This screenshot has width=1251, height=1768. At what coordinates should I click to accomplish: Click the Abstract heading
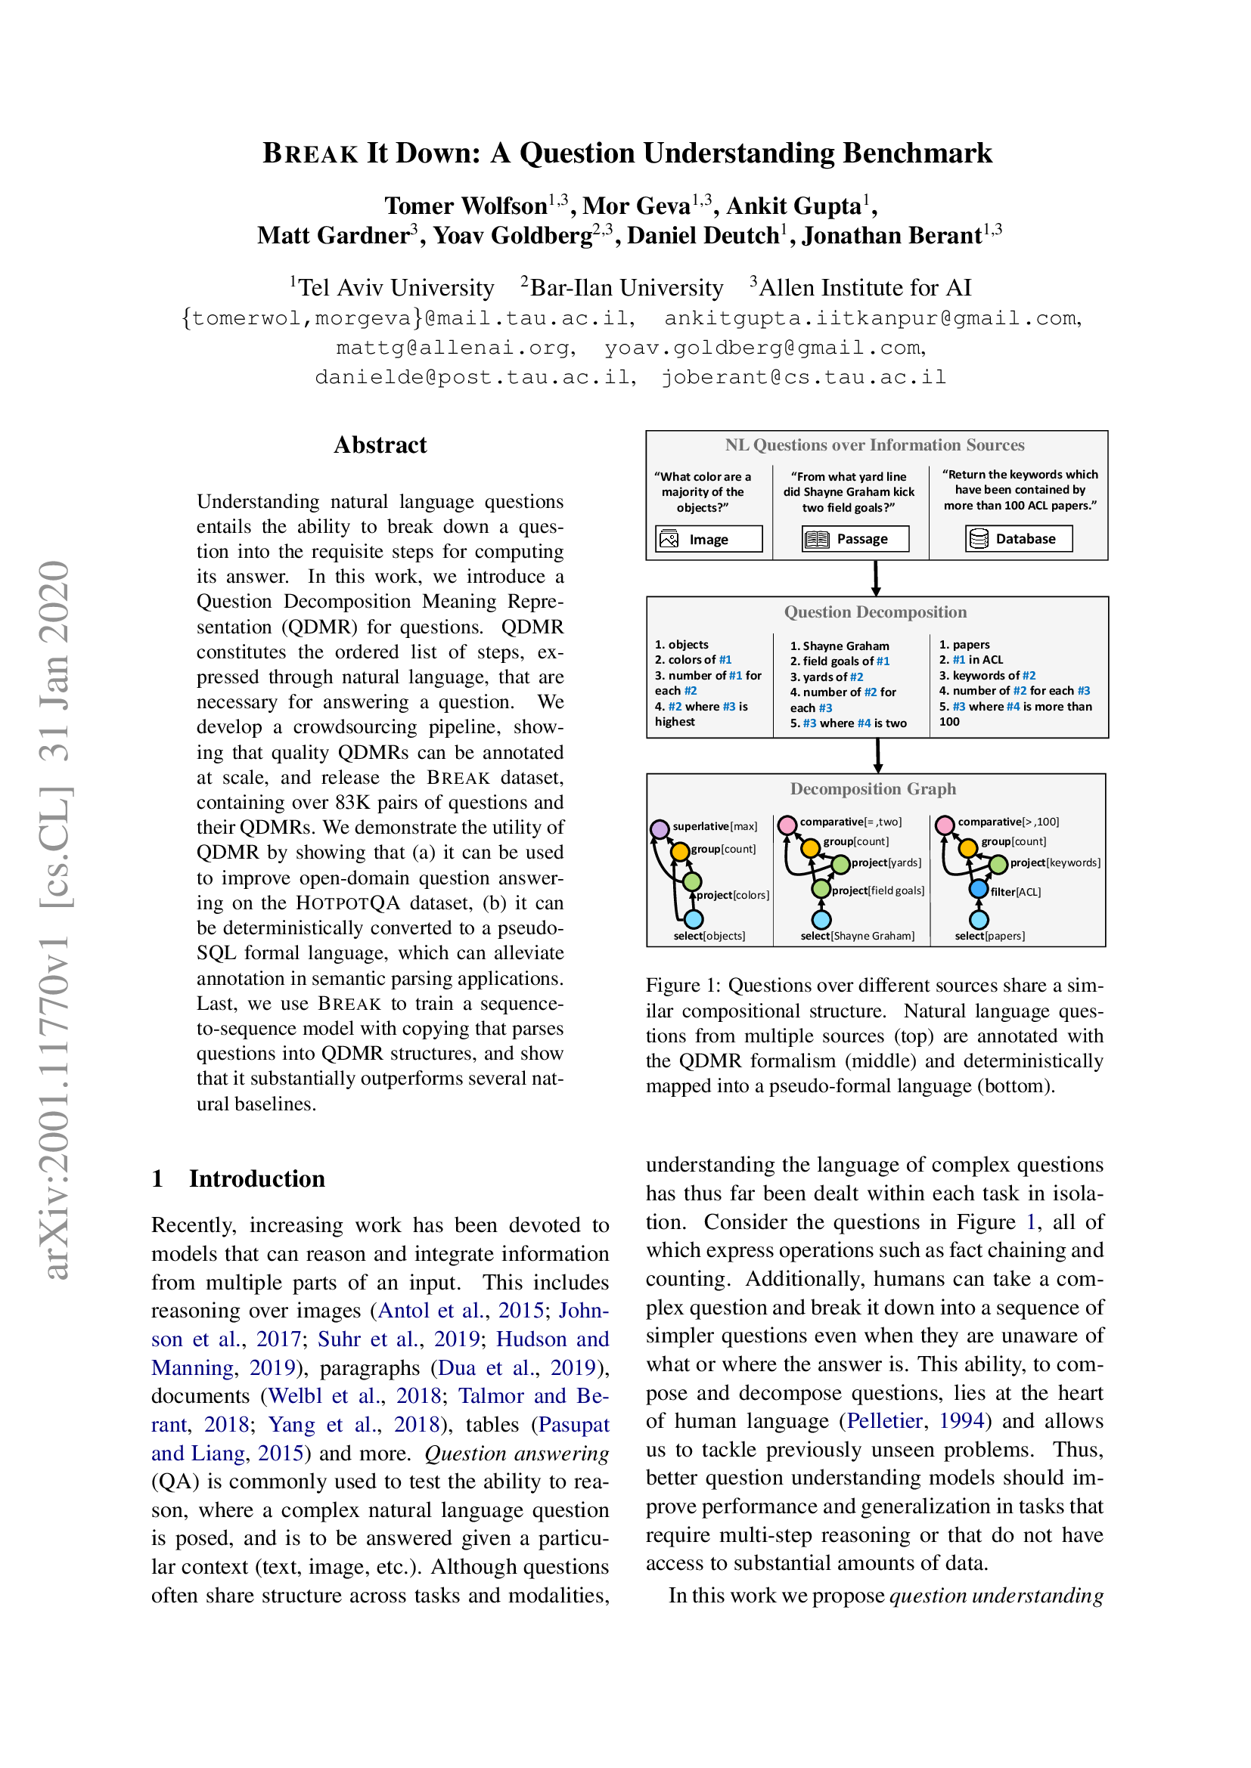tap(380, 445)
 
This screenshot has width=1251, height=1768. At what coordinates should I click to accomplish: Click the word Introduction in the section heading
tap(256, 1179)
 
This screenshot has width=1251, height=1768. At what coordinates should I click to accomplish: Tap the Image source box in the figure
tap(708, 539)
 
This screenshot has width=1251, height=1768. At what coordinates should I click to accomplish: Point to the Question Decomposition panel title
tap(875, 612)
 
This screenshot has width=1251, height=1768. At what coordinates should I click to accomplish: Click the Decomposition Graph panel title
tap(873, 788)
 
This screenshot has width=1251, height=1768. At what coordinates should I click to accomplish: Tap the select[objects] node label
tap(709, 936)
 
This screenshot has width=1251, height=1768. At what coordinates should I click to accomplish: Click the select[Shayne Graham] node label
tap(858, 936)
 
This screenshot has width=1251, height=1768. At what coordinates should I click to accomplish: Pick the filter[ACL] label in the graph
tap(1015, 892)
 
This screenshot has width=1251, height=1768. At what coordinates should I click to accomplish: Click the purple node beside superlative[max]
tap(660, 829)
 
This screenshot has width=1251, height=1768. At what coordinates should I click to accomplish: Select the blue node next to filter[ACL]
tap(978, 890)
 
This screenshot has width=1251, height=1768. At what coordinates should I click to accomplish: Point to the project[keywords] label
tap(1054, 862)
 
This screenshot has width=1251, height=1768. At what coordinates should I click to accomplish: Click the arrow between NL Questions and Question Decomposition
tap(876, 577)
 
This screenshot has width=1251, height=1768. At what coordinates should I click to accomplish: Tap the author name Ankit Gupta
tap(793, 206)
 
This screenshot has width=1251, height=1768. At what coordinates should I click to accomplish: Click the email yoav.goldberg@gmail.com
tap(763, 348)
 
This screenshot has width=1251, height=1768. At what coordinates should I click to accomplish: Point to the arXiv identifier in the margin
tap(55, 919)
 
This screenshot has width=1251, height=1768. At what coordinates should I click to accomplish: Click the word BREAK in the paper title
tap(310, 153)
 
